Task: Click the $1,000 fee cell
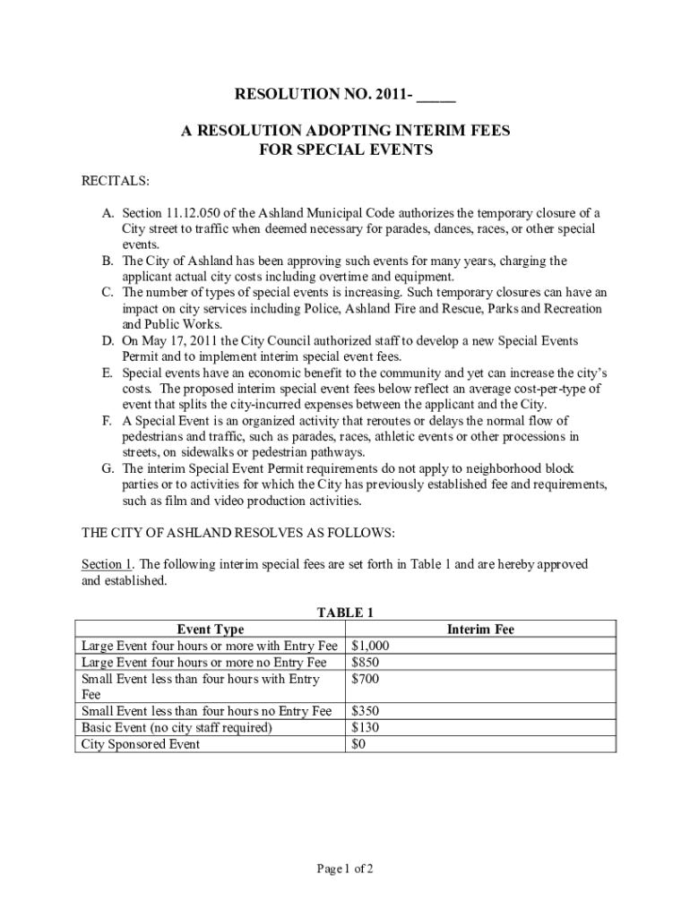click(370, 646)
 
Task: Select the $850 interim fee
click(366, 663)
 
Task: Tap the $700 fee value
click(366, 680)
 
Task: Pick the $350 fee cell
click(366, 711)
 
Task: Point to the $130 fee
click(366, 728)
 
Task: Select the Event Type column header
click(211, 630)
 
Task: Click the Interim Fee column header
click(480, 630)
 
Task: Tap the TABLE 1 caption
click(345, 613)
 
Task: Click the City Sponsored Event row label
click(141, 744)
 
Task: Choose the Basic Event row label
click(177, 728)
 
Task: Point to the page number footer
click(345, 869)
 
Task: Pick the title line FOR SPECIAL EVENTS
click(345, 150)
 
